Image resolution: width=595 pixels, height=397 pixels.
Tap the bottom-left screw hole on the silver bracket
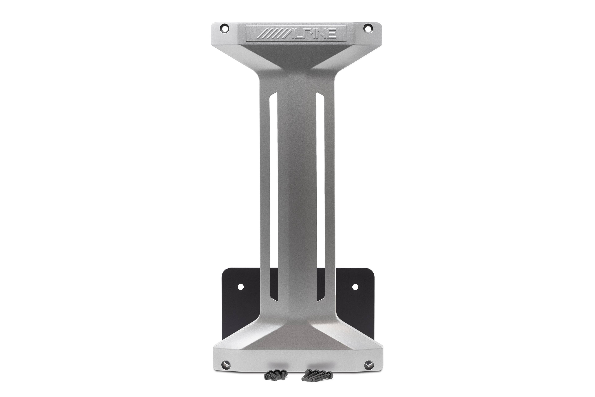pyautogui.click(x=225, y=365)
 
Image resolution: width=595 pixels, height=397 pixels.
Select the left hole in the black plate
pyautogui.click(x=241, y=287)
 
